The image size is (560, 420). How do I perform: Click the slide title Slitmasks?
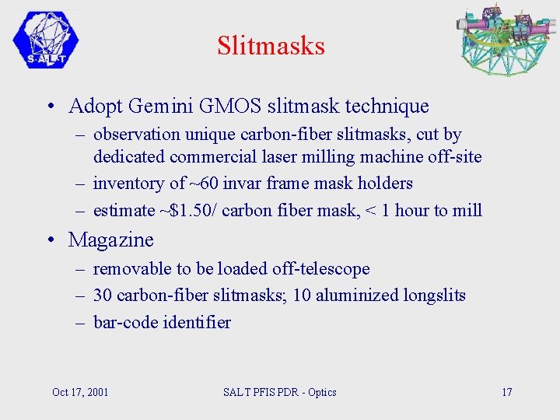click(271, 45)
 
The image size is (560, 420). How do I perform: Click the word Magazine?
click(111, 240)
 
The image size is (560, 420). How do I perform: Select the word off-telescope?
click(320, 269)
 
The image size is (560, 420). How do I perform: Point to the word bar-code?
click(126, 322)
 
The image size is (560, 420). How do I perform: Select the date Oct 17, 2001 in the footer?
click(80, 392)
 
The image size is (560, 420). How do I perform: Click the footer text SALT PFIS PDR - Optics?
click(280, 392)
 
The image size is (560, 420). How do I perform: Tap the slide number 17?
click(506, 392)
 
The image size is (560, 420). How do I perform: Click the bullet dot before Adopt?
click(49, 107)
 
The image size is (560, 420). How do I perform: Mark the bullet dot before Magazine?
click(49, 240)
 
